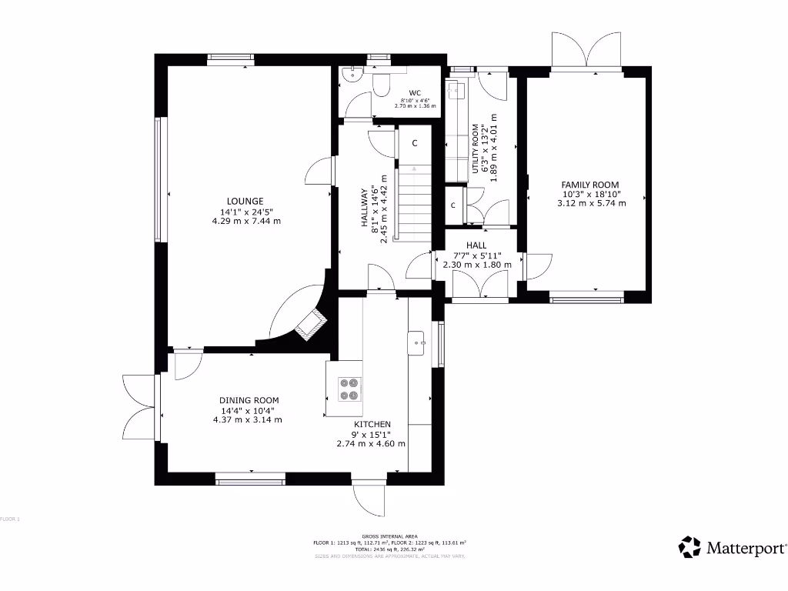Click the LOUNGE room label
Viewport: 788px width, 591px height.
pos(245,202)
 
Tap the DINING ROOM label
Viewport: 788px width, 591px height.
pos(249,400)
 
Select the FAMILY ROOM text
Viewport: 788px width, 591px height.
pos(590,185)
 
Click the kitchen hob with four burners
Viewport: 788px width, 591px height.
pos(349,389)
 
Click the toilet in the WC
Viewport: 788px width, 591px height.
pos(382,82)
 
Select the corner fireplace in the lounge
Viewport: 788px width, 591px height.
pos(311,323)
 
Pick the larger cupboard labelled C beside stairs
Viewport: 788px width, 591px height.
pos(414,143)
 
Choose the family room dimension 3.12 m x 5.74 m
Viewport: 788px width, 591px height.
pos(591,203)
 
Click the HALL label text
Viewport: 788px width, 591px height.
pos(476,245)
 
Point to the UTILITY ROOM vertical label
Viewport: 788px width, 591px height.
pos(476,152)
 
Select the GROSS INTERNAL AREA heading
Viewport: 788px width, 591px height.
pos(389,536)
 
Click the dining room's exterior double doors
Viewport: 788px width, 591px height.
pos(139,407)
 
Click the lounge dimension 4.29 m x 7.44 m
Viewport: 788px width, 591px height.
pos(246,221)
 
